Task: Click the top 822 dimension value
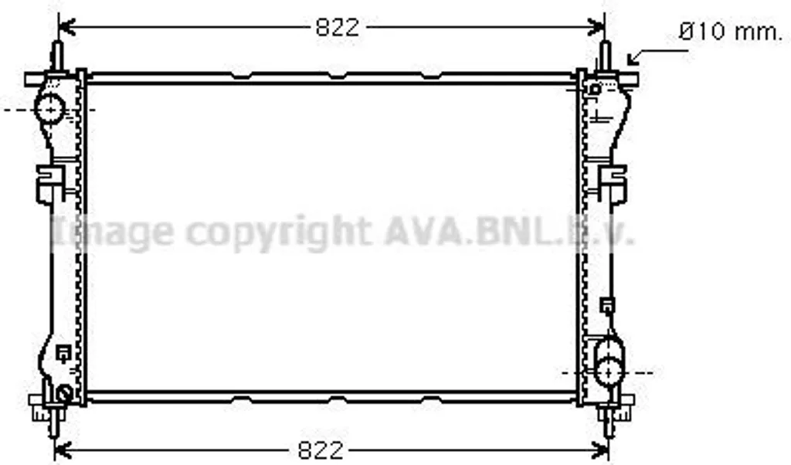[x=338, y=27]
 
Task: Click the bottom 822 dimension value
[x=321, y=450]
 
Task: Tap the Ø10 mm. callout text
[x=729, y=32]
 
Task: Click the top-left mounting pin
[x=57, y=56]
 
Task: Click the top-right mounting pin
[x=606, y=56]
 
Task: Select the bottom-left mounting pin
[x=56, y=422]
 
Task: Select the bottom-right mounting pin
[x=609, y=422]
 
